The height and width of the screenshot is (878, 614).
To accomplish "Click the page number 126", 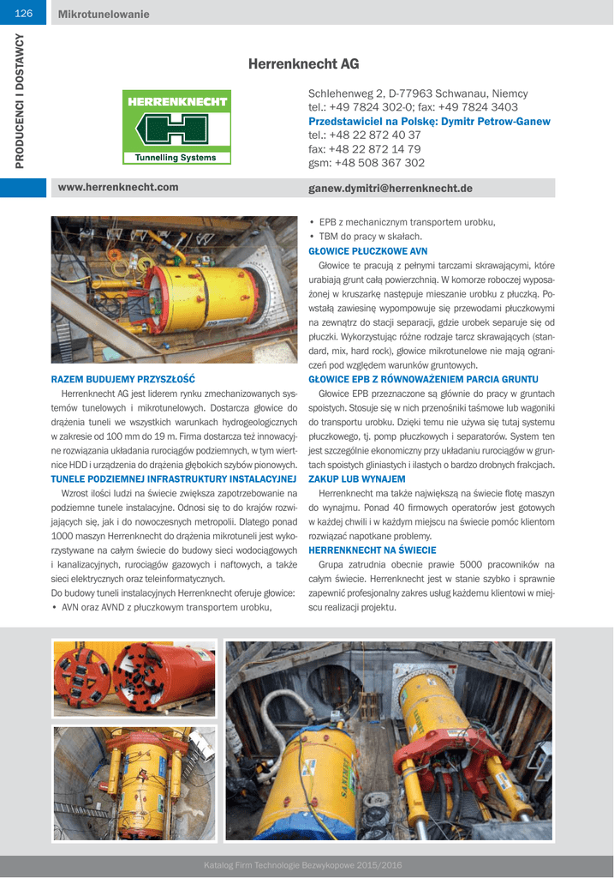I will [23, 14].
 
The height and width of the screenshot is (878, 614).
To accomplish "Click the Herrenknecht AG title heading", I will [303, 64].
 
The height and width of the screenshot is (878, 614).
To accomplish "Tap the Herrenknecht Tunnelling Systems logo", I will [177, 126].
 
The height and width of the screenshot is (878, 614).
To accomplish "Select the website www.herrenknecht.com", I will [118, 188].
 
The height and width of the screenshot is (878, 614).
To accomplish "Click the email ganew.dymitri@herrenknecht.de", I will [390, 189].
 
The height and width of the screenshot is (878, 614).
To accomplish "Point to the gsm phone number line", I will [367, 163].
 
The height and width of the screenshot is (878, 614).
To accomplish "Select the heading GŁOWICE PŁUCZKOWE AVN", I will [367, 251].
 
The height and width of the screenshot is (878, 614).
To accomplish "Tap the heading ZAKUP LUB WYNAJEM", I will [357, 478].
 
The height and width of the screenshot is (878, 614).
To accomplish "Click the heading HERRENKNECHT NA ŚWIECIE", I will [373, 550].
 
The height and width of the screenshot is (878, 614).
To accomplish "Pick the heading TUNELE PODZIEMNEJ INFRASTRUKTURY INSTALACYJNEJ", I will [174, 478].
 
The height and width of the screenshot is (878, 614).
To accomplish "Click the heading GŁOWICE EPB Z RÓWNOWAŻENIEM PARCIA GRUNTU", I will [423, 379].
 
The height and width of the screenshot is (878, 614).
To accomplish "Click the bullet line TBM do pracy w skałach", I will [370, 237].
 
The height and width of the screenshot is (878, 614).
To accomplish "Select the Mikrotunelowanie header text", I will [104, 14].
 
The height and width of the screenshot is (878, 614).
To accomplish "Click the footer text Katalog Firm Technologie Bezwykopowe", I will [302, 865].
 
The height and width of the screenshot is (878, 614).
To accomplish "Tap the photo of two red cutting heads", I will [134, 678].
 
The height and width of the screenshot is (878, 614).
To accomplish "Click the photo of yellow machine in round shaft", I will [134, 784].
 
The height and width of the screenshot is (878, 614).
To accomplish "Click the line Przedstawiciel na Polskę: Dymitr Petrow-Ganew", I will [429, 122].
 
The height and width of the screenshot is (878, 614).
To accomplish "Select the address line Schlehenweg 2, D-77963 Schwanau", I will [418, 93].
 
